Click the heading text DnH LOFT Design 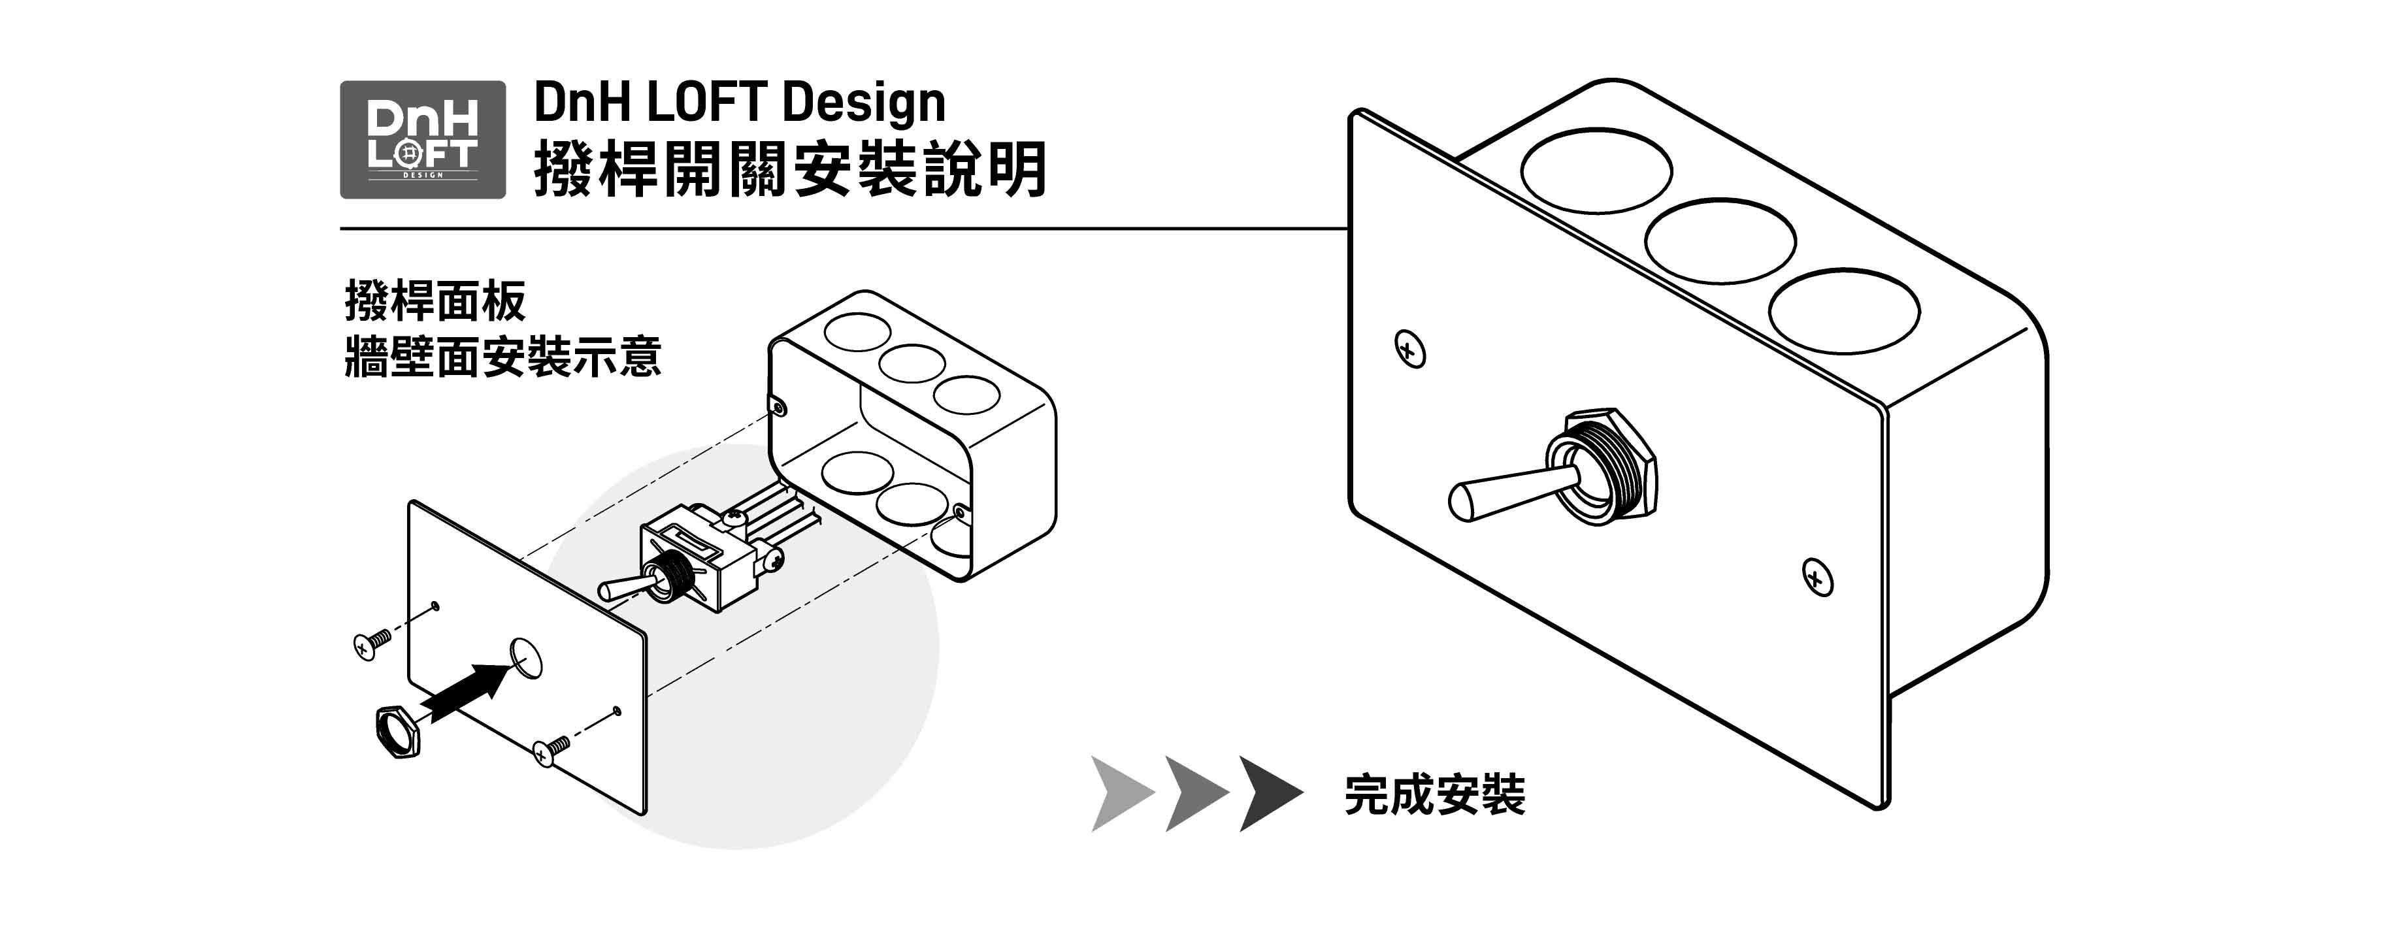click(739, 102)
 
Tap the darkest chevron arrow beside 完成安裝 click(1270, 794)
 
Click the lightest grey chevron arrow click(1121, 794)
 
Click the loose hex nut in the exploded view click(398, 732)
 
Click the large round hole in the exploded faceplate click(526, 658)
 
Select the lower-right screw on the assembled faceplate click(1817, 578)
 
